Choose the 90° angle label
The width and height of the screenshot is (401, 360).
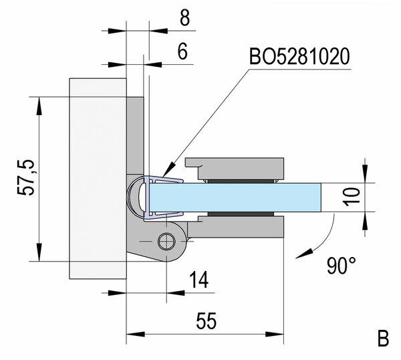pos(341,266)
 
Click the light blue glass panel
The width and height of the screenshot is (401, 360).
pos(241,197)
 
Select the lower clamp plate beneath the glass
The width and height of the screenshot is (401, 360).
pos(241,226)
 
